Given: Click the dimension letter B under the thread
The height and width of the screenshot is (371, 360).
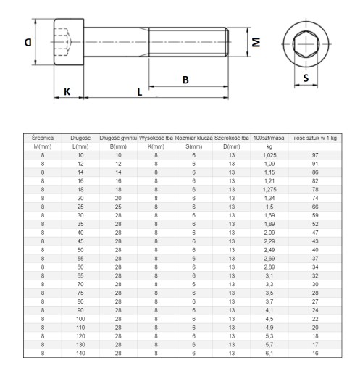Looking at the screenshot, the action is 185,80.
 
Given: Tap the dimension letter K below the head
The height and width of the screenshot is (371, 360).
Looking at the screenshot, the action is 67,92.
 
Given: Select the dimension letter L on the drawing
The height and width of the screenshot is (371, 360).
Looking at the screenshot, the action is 140,92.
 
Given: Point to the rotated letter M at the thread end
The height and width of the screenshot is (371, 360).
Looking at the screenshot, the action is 256,42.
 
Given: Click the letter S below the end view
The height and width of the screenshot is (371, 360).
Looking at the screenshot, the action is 306,78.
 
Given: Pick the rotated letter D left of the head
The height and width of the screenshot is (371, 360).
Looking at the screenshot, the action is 28,43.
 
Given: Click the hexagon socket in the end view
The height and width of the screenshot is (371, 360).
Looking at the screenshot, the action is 306,44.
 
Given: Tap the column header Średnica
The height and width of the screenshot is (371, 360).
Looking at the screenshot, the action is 43,138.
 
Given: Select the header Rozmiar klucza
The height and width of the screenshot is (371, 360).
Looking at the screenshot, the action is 193,138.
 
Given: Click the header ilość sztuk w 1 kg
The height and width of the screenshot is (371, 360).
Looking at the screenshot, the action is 315,138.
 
